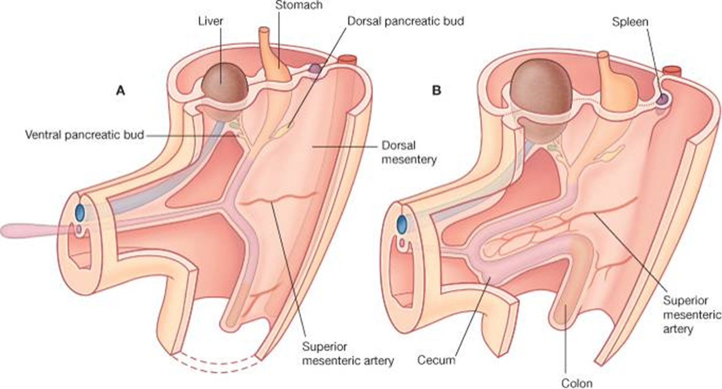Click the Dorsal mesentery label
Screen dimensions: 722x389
[x=408, y=152]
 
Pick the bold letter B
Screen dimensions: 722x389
[x=436, y=91]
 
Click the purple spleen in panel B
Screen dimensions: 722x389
[x=661, y=100]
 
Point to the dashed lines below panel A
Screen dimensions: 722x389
[x=218, y=361]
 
